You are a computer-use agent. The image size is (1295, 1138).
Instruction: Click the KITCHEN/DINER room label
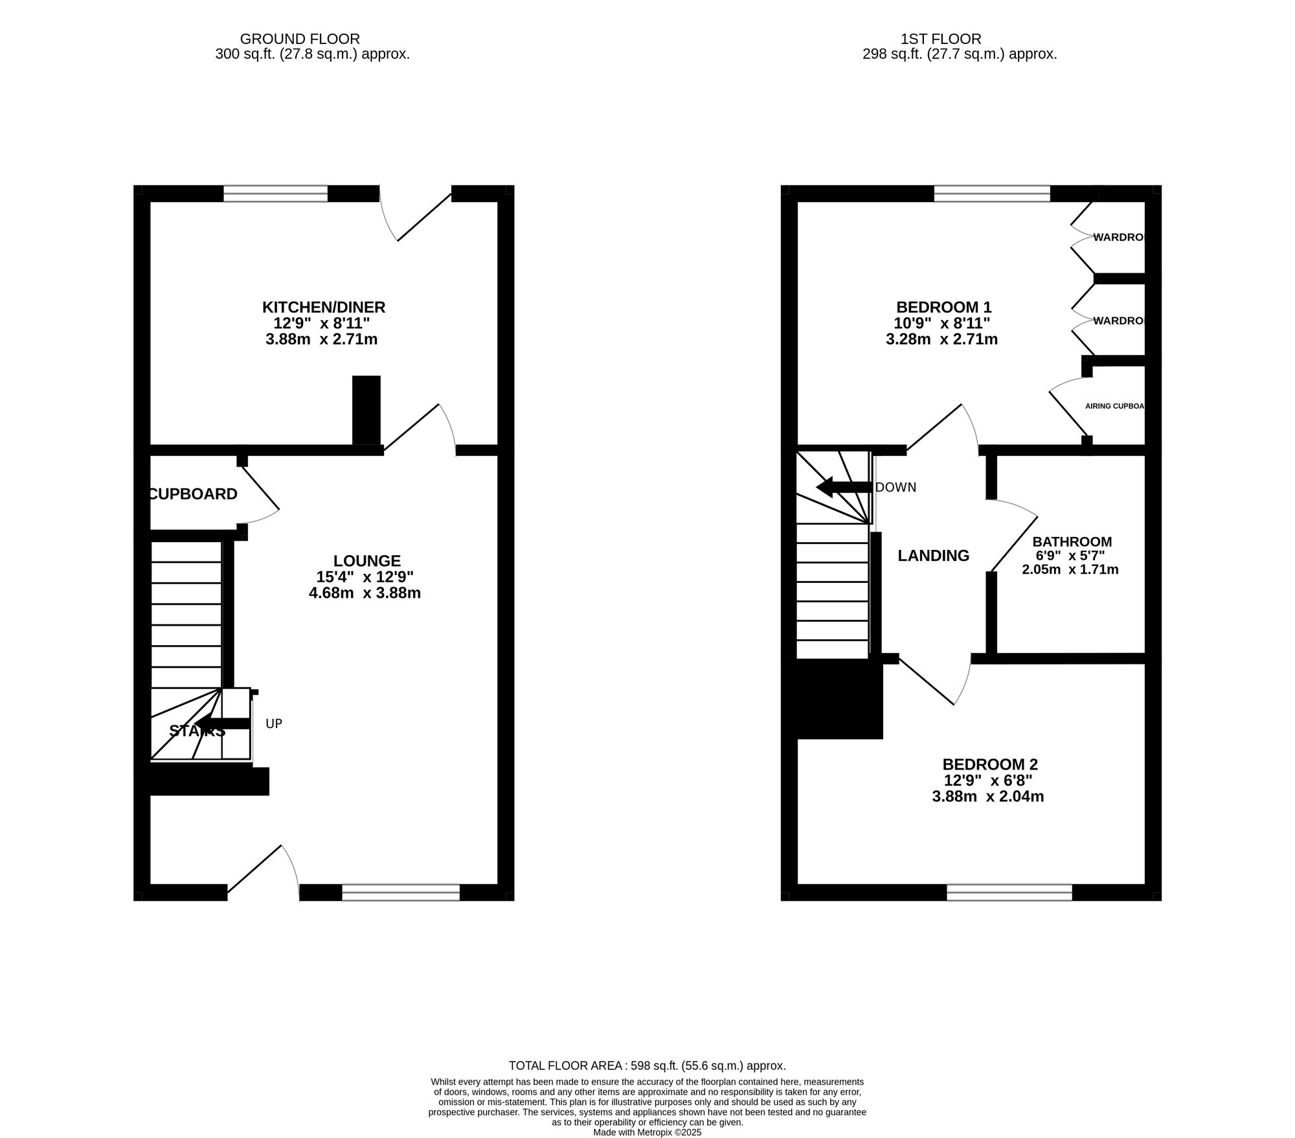[323, 306]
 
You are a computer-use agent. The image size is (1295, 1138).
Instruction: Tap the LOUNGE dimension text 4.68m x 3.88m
[365, 593]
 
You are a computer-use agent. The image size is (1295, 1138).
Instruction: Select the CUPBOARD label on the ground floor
[193, 494]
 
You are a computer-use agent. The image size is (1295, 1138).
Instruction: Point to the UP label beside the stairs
[274, 723]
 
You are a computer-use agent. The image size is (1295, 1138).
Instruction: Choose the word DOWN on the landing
[895, 487]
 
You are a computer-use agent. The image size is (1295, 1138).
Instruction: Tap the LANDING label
[933, 555]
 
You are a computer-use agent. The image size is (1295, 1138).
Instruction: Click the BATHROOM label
[1072, 541]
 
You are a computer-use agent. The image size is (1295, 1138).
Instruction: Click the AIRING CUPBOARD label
[1114, 406]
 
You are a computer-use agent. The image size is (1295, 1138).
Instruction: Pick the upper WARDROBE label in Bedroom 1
[1118, 237]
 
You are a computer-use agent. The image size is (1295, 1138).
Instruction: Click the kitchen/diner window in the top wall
[276, 193]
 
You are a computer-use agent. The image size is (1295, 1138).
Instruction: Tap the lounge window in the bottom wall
[401, 893]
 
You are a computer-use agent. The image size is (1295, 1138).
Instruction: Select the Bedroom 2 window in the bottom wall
[1009, 893]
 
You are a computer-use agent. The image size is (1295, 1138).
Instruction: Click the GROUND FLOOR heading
[300, 40]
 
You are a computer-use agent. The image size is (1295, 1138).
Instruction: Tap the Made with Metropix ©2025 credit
[647, 1132]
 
